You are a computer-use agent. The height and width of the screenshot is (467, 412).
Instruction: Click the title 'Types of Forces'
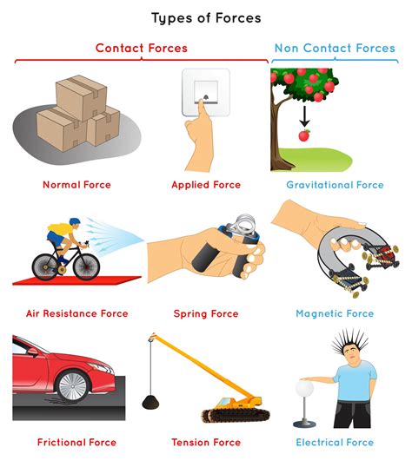[206, 17]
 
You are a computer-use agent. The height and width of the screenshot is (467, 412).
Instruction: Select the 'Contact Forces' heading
[141, 48]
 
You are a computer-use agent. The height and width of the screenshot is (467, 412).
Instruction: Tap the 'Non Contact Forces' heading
[335, 48]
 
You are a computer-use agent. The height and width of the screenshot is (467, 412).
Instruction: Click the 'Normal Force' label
[76, 185]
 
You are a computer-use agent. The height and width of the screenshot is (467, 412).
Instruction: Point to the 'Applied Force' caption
[207, 185]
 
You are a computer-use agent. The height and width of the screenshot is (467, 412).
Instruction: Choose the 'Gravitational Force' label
[335, 185]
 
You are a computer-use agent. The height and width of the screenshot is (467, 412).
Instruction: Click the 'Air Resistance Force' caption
[76, 313]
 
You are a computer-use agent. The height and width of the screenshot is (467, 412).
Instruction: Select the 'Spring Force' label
[207, 313]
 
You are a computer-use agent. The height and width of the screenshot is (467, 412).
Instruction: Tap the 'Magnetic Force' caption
[335, 313]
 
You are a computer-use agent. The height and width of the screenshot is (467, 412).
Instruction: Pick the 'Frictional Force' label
[76, 442]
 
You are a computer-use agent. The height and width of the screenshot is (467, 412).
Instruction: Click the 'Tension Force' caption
[207, 442]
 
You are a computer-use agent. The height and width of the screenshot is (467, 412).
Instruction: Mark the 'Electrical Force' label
[335, 442]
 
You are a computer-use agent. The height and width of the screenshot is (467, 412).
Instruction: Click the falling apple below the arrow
[304, 136]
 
